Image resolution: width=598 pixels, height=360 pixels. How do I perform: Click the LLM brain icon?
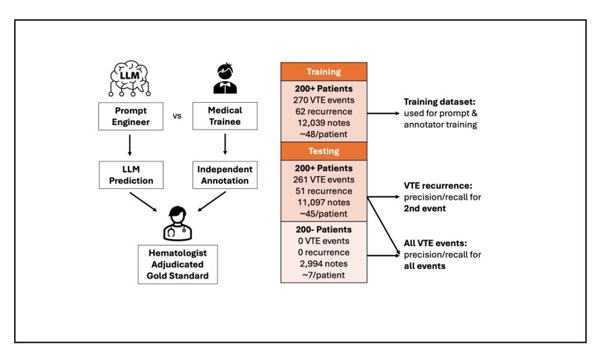click(130, 78)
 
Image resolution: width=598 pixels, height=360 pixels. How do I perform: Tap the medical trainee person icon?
click(225, 78)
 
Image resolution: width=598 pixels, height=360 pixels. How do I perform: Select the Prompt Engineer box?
click(131, 116)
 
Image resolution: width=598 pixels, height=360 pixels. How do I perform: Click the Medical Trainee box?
click(225, 116)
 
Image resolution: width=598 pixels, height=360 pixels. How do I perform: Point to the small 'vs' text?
click(177, 116)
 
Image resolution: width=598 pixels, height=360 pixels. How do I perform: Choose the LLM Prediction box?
click(131, 175)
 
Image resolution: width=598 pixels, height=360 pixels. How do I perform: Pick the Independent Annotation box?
click(225, 175)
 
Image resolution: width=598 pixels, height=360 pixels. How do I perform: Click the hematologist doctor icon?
click(178, 223)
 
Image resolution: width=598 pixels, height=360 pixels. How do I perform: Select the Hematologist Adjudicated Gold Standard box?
click(178, 265)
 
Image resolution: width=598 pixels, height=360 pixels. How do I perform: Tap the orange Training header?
click(324, 71)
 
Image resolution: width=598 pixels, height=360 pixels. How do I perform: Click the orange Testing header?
click(324, 151)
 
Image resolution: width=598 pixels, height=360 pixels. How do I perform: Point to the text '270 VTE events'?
click(324, 100)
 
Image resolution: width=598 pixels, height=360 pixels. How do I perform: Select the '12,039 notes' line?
click(324, 123)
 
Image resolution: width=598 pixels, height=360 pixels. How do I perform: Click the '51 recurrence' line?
click(324, 191)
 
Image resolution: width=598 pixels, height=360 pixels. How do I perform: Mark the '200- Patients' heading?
click(324, 230)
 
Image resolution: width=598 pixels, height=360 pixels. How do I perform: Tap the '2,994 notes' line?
click(324, 263)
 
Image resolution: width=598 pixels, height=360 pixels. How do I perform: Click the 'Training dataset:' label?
click(440, 102)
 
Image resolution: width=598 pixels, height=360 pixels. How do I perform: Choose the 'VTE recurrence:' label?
click(438, 185)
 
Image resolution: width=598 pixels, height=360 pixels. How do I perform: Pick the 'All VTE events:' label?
click(435, 243)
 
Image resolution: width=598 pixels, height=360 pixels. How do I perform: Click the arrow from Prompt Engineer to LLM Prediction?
click(130, 145)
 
